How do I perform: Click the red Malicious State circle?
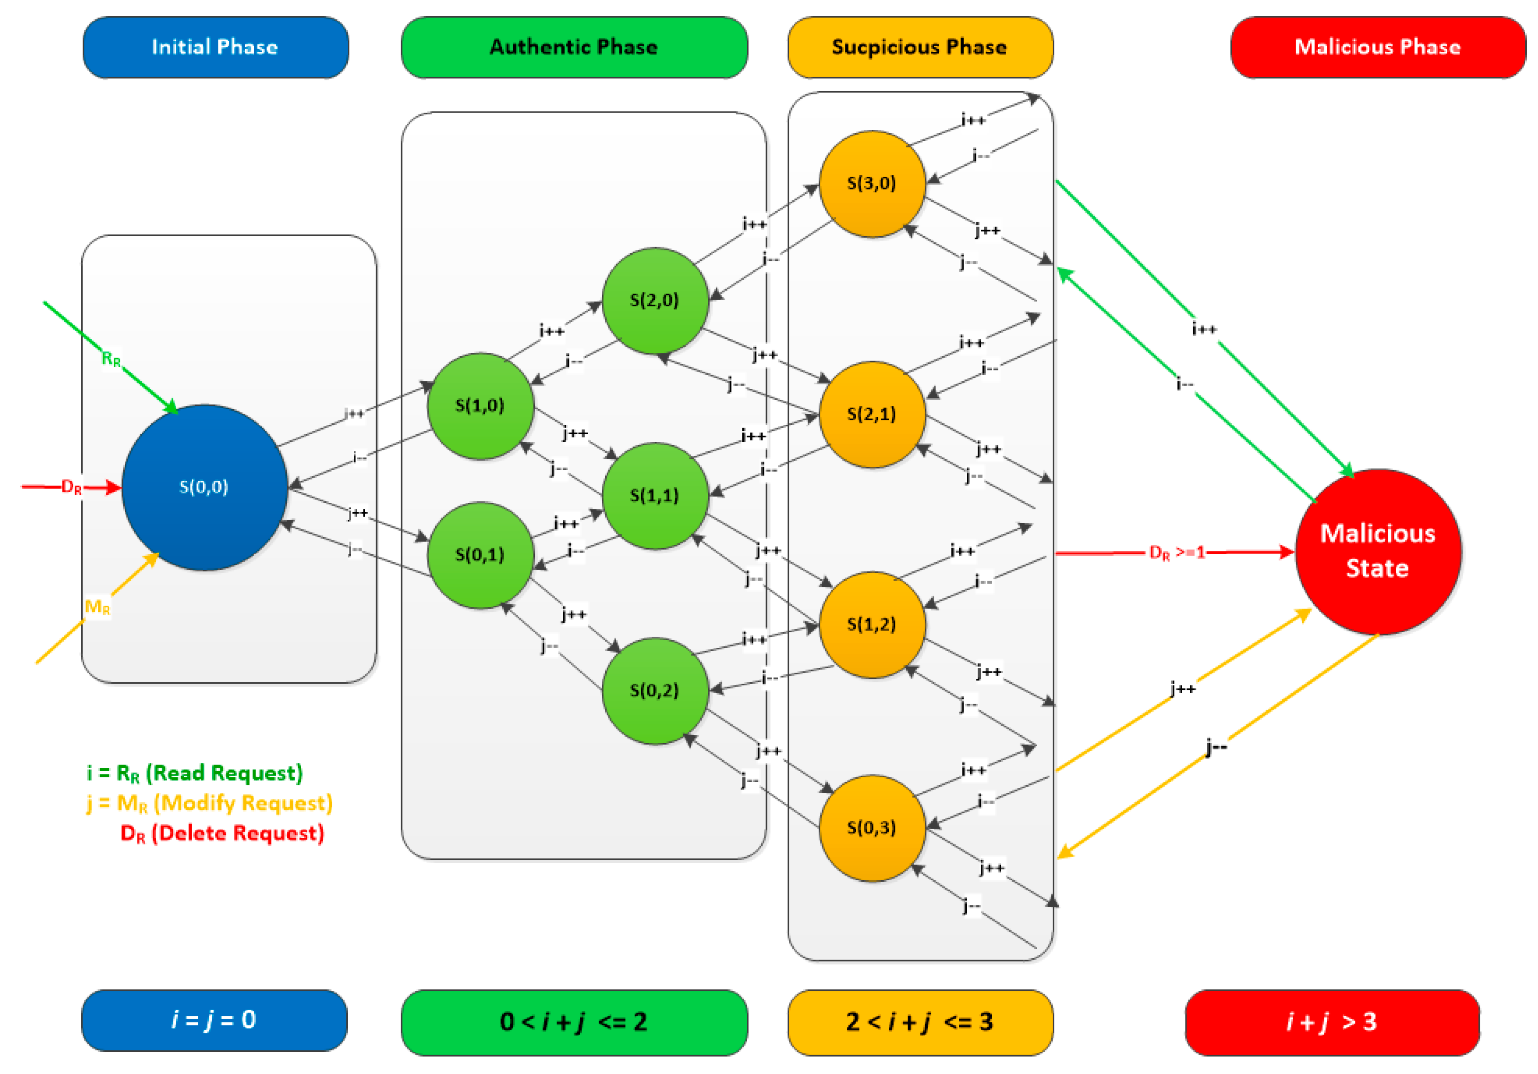[x=1377, y=551]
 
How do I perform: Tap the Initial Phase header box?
[x=215, y=47]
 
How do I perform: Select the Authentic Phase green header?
[x=574, y=47]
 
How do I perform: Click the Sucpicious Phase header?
[x=919, y=47]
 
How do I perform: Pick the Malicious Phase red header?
[x=1377, y=47]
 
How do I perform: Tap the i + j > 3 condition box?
[x=1331, y=1022]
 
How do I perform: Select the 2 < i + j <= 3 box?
[x=919, y=1022]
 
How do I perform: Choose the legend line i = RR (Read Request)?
[x=194, y=773]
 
